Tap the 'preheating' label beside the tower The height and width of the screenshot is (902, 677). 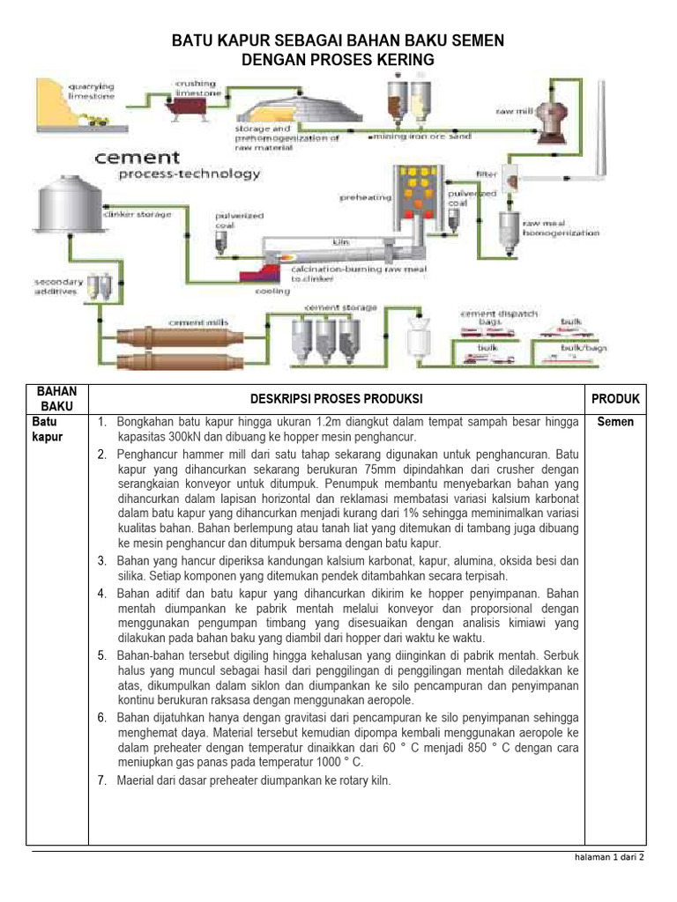tap(365, 197)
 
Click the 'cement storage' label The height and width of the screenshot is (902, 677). tap(340, 307)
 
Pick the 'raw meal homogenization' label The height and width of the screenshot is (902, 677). tap(561, 228)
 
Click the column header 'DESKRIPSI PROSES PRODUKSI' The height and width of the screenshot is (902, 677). tap(335, 398)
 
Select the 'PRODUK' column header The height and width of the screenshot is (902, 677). tap(615, 398)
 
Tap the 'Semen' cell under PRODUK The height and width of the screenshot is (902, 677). tap(615, 422)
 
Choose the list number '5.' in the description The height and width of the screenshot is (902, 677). tap(102, 654)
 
